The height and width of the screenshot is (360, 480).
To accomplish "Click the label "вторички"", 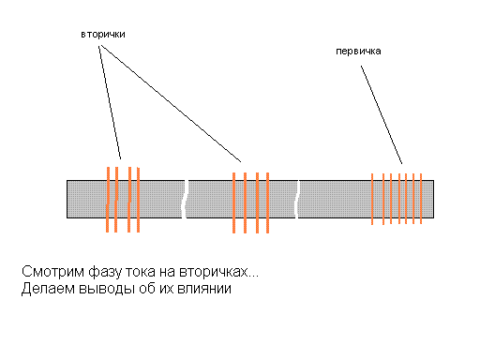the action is [x=103, y=35].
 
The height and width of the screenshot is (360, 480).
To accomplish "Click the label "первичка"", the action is [x=358, y=52].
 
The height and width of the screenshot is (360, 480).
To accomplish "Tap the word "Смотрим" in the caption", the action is [x=52, y=271].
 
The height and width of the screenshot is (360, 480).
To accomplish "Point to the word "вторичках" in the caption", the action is [x=215, y=272].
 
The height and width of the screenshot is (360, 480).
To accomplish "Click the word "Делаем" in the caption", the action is [x=48, y=289].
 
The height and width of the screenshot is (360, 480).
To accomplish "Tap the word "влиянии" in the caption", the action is [x=204, y=289].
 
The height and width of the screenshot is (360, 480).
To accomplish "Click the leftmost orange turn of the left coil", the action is [x=108, y=200].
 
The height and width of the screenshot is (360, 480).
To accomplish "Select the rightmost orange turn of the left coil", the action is [x=138, y=200].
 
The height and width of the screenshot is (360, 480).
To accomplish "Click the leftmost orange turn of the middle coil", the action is [x=233, y=202].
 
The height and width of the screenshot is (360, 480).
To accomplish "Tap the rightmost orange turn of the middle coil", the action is [x=267, y=202].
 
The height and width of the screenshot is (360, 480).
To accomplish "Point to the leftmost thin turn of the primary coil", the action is [x=372, y=199].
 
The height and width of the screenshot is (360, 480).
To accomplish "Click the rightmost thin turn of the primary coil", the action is [x=421, y=199].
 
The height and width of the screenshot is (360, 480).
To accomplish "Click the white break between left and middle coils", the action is [x=185, y=199].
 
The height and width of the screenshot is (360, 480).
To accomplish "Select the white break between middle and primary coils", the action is [x=297, y=199].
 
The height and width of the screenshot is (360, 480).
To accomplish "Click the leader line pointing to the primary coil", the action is [x=382, y=114].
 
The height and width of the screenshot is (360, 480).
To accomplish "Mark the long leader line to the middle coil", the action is [x=171, y=104].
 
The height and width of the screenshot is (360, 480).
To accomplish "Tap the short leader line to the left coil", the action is [x=110, y=102].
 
